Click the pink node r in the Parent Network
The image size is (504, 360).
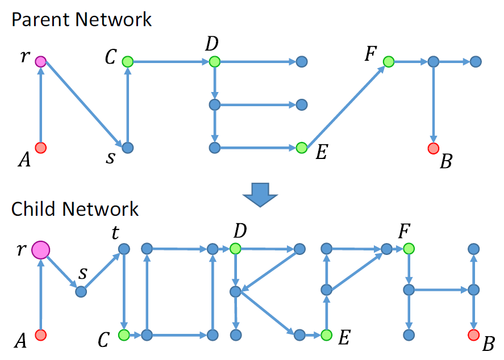40,61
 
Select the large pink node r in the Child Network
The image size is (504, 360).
40,249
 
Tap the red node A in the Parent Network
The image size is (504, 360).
40,148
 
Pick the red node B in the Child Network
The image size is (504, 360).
472,335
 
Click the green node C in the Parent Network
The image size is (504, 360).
127,61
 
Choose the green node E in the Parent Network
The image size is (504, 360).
302,148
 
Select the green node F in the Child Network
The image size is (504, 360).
407,249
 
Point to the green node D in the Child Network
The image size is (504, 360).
235,249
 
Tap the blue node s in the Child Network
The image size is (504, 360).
81,291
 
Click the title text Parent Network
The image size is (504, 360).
81,20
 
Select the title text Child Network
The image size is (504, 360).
74,208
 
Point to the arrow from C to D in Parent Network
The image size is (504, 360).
170,61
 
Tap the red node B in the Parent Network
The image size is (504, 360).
434,148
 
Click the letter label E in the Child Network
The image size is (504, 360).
343,338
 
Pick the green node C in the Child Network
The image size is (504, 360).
123,335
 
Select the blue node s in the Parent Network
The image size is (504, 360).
127,148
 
